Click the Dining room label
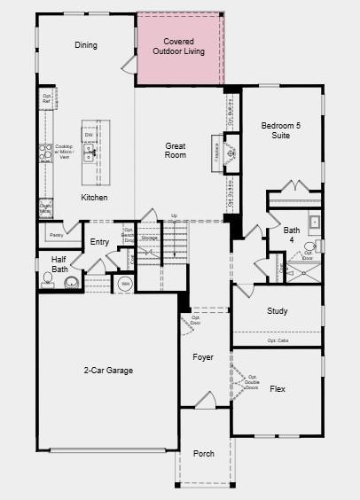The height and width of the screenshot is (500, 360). tap(86, 45)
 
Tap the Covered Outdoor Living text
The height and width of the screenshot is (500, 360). tap(178, 46)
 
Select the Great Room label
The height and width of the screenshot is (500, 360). tap(176, 150)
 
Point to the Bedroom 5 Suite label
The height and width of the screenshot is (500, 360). tap(280, 130)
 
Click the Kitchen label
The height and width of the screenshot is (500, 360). tap(94, 198)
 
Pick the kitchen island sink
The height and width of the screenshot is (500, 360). tap(90, 152)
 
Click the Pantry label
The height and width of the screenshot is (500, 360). tap(57, 235)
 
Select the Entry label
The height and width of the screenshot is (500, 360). tap(99, 242)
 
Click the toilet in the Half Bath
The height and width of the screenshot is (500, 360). tap(48, 281)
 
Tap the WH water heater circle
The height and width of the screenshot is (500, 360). tap(125, 284)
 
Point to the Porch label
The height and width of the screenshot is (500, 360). tap(204, 454)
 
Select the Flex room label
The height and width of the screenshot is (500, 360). tap(278, 389)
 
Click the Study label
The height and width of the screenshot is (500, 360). tap(278, 311)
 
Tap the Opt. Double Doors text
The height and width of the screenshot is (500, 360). tap(251, 382)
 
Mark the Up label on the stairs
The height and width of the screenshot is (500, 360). tap(174, 215)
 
